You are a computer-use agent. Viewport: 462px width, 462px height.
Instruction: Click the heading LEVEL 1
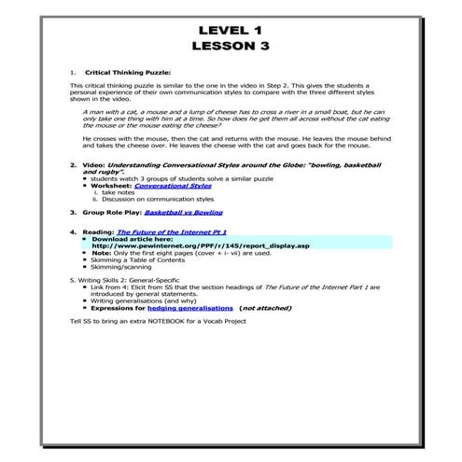point(231,27)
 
